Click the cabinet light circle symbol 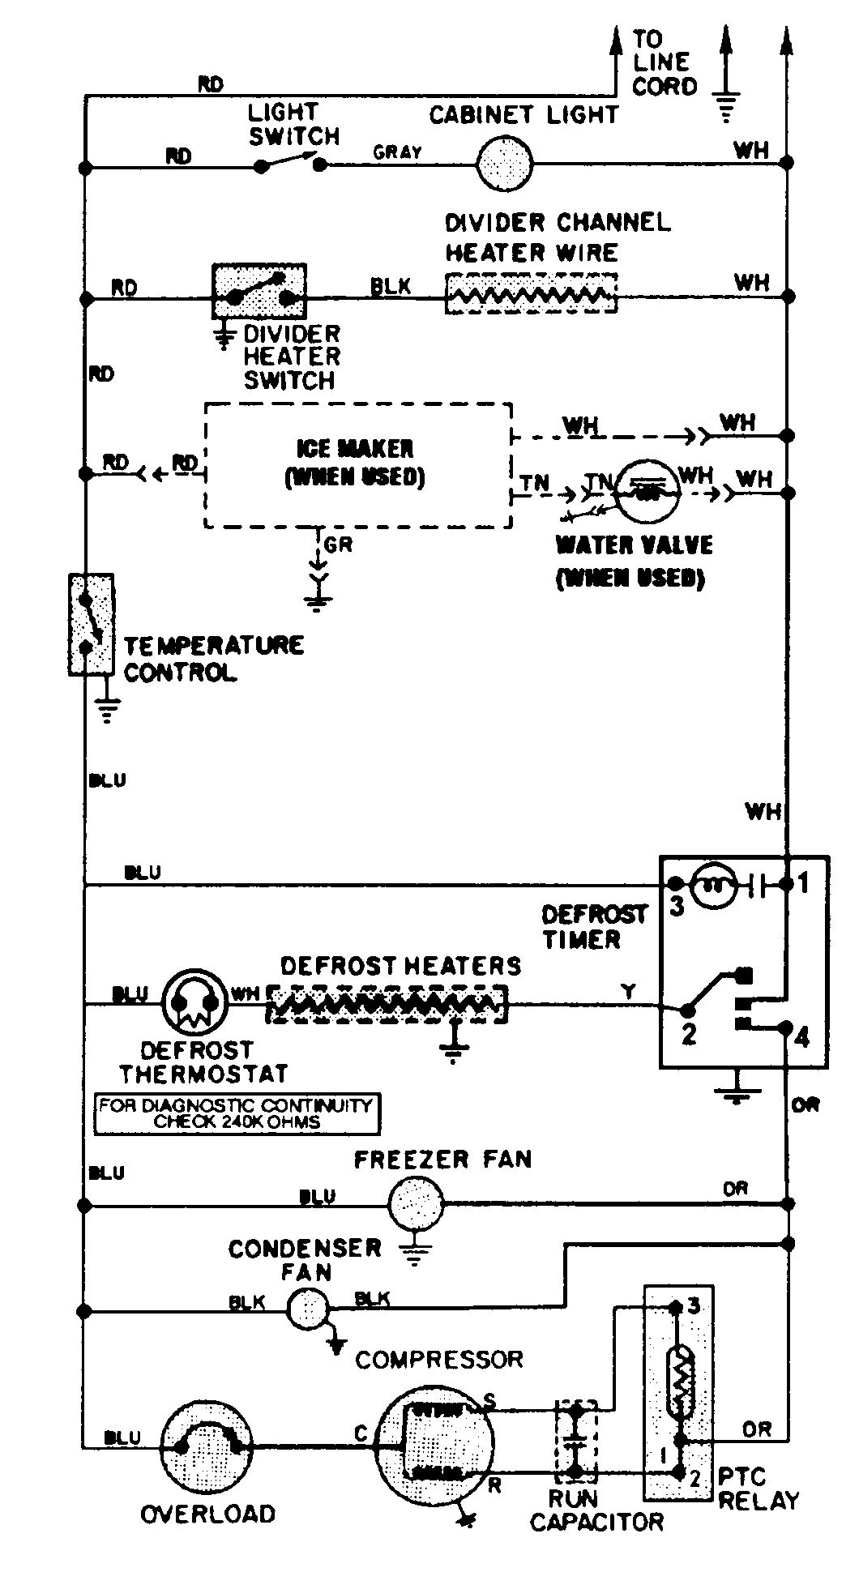pos(503,164)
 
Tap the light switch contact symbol pos(290,163)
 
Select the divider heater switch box pos(259,291)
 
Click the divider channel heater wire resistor pos(531,294)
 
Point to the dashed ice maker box pos(357,465)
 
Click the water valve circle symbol pos(645,489)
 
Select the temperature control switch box pos(90,623)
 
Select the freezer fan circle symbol pos(416,1204)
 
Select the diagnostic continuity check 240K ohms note pos(237,1113)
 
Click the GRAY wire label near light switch pos(397,152)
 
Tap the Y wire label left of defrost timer pos(629,990)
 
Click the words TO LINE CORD pos(664,62)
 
